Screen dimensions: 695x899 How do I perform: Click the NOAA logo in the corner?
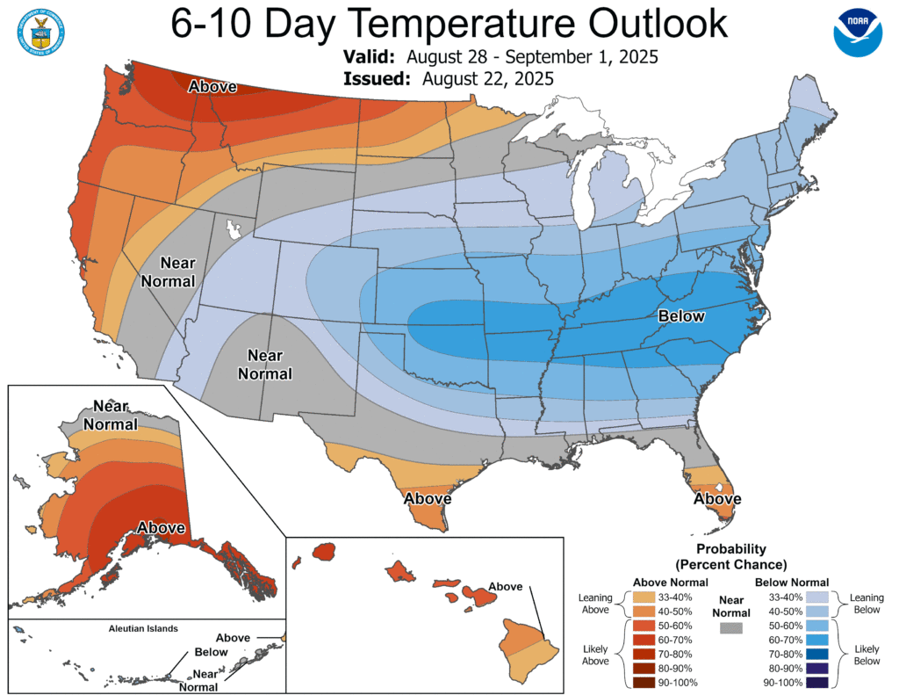pyautogui.click(x=857, y=34)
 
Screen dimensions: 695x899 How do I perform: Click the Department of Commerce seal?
pyautogui.click(x=39, y=33)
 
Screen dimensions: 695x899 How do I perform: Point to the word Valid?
pyautogui.click(x=369, y=57)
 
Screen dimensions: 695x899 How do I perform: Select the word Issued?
pyautogui.click(x=378, y=79)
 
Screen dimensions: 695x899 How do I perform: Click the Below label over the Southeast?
pyautogui.click(x=681, y=316)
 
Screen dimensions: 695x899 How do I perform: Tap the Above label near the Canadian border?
pyautogui.click(x=213, y=86)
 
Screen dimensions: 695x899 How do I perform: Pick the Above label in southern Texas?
pyautogui.click(x=428, y=499)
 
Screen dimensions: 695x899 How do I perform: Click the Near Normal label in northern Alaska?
pyautogui.click(x=111, y=416)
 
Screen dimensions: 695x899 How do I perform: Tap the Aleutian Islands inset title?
pyautogui.click(x=143, y=629)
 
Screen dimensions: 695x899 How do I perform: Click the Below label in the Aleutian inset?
pyautogui.click(x=211, y=652)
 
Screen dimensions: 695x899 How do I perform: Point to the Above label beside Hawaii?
pyautogui.click(x=505, y=587)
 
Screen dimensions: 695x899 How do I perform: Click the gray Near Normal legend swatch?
pyautogui.click(x=730, y=628)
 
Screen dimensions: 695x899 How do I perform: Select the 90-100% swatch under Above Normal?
pyautogui.click(x=644, y=683)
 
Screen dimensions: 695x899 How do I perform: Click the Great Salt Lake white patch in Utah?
pyautogui.click(x=234, y=231)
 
